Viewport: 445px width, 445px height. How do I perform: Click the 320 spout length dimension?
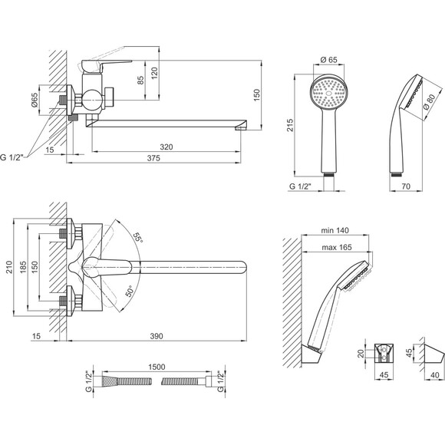[x=166, y=147]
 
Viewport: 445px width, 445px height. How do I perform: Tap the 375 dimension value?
[x=153, y=158]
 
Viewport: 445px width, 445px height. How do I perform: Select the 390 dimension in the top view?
[x=157, y=336]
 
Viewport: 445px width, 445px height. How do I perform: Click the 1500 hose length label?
[x=157, y=367]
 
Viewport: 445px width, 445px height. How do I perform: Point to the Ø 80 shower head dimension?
[x=429, y=102]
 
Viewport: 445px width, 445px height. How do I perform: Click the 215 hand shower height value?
[x=290, y=125]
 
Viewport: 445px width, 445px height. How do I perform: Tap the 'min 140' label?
[x=335, y=230]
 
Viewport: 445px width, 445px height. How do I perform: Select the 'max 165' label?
[x=337, y=248]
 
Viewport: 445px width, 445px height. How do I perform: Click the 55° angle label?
[x=138, y=237]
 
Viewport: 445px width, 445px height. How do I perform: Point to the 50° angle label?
[x=129, y=292]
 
